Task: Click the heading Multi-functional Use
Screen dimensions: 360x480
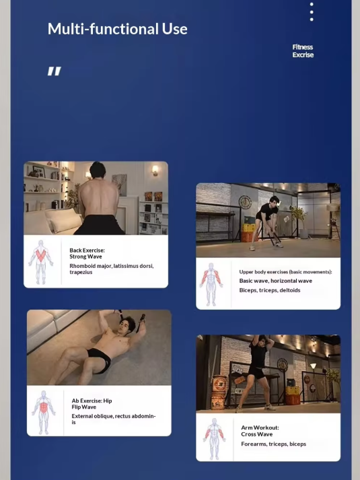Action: pos(118,29)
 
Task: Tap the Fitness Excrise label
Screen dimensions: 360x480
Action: pos(303,50)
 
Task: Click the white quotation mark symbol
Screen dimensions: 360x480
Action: pos(55,71)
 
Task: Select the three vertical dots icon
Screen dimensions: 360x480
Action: pos(312,12)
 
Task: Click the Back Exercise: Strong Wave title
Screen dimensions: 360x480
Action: pos(87,254)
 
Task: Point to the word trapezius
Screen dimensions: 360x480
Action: pos(81,272)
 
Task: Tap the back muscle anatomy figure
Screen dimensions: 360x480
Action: pos(41,262)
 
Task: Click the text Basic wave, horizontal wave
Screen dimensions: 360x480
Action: pos(276,281)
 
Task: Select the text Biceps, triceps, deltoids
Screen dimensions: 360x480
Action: pos(270,290)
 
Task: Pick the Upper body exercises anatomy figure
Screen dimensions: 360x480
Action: pos(211,284)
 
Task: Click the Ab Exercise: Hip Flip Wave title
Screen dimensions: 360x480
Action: pos(92,404)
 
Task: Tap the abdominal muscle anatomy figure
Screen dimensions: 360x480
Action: pos(44,413)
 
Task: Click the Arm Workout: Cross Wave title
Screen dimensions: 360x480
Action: pos(260,431)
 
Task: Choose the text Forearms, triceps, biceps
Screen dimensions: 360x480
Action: pos(273,444)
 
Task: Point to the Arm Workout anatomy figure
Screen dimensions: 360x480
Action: pos(214,439)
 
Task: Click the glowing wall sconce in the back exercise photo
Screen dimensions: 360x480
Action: pos(155,170)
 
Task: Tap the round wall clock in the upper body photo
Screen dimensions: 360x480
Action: pos(245,203)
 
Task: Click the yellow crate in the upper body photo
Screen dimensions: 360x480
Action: pos(250,228)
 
